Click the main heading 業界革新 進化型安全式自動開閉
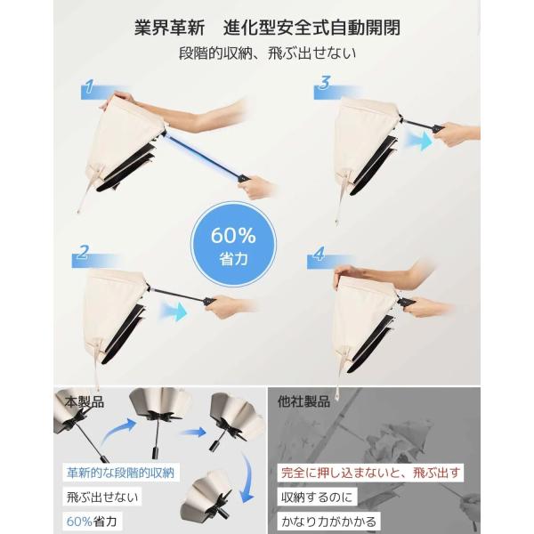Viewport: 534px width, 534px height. (267, 28)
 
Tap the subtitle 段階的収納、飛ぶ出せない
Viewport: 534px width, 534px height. (267, 53)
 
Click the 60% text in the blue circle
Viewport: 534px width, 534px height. (233, 235)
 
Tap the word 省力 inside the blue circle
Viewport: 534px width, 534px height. (233, 260)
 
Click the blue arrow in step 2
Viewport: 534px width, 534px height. (174, 311)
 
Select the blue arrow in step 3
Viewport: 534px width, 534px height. (419, 140)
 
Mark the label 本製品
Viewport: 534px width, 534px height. (85, 402)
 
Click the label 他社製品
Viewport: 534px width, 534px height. (303, 401)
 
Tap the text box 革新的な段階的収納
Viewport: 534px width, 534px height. (121, 473)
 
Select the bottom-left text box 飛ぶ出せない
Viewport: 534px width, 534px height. (102, 498)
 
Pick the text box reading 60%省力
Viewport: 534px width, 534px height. (92, 522)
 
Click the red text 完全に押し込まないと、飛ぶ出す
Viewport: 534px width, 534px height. (370, 473)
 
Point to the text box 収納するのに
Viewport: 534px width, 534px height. (317, 498)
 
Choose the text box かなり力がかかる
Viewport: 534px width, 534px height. (328, 522)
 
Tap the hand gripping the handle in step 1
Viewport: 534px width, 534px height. (256, 187)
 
